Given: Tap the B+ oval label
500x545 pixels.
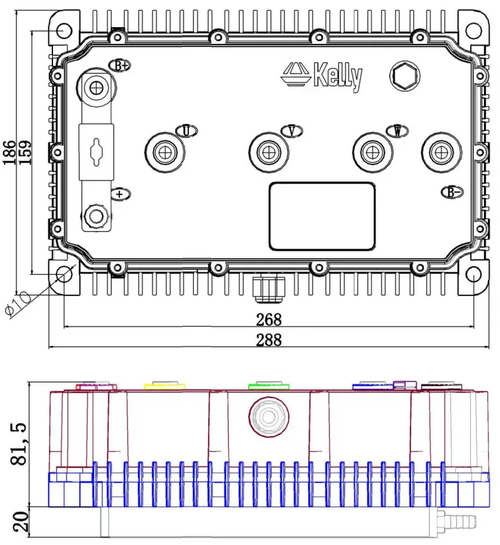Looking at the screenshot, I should point(120,66).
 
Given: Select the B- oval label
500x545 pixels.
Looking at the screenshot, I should point(452,192).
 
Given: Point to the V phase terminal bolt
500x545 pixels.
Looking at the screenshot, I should point(267,152).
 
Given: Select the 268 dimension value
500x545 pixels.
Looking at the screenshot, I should point(269,319).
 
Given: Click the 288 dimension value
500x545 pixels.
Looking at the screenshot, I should point(269,340).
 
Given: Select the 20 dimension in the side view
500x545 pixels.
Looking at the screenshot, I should point(18,522).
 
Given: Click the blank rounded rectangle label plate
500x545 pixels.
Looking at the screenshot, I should point(322,216).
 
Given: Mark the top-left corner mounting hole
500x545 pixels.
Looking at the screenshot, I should point(63,31).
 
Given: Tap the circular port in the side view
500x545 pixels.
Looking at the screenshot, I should point(269,418).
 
